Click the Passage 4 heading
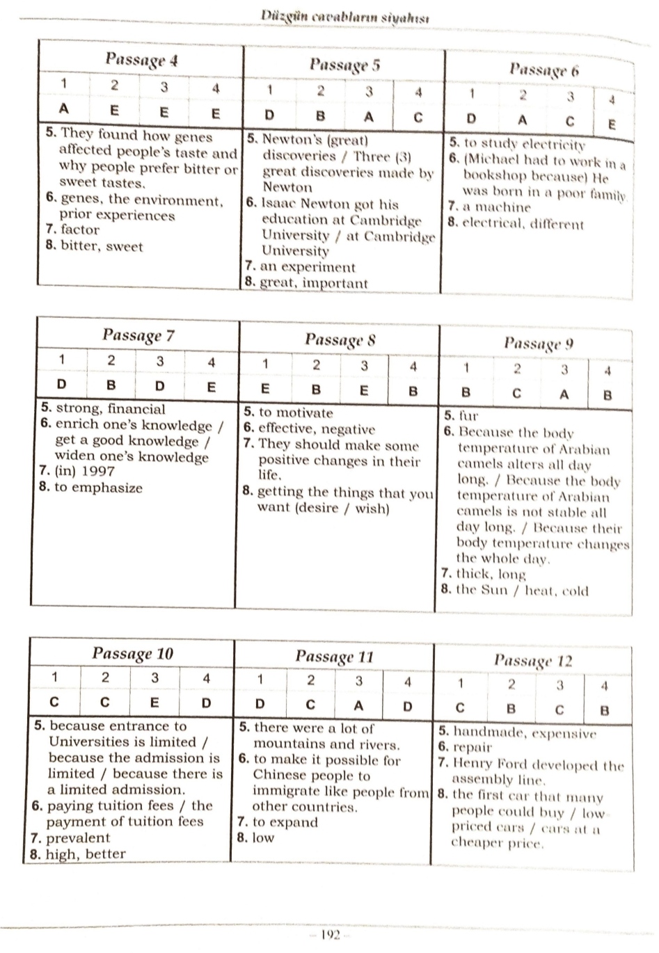pos(141,60)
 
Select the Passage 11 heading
pos(334,656)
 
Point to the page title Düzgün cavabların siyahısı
pos(344,15)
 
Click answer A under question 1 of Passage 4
pos(64,109)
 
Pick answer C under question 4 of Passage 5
pos(418,117)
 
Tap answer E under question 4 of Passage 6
pos(612,125)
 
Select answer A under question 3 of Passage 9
pos(564,394)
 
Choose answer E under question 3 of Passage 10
pos(154,703)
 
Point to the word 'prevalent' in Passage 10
pos(78,838)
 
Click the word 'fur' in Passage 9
pos(468,417)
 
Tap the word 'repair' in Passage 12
pos(473,748)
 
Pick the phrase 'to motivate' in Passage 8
pos(296,413)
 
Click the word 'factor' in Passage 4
pos(80,230)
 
